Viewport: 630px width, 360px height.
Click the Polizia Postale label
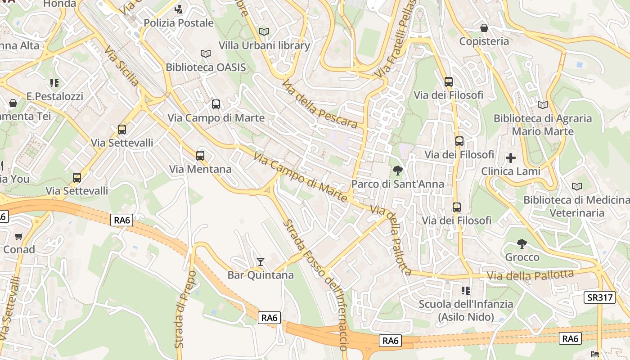(x=179, y=22)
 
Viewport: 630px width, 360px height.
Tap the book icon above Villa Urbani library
(x=264, y=31)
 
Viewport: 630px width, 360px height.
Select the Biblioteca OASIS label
(x=206, y=67)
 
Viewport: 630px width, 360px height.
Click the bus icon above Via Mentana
(x=200, y=156)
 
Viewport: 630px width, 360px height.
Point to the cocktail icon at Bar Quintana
(x=260, y=261)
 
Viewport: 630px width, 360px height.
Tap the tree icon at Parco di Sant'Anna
(x=397, y=170)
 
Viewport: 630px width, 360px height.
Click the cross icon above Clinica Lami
(x=511, y=158)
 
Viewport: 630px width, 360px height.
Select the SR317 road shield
(x=599, y=297)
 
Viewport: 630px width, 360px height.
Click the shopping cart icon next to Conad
(x=18, y=236)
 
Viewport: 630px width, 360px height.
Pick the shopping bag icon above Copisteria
(x=484, y=28)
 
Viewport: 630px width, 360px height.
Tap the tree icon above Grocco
(x=522, y=244)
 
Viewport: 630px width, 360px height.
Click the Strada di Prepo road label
(x=179, y=309)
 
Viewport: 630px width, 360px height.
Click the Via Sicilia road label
(x=122, y=66)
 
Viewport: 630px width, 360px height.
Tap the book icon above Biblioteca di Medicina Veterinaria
(x=576, y=186)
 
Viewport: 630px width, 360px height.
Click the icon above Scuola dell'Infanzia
(x=466, y=291)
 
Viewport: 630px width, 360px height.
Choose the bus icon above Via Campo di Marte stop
(x=216, y=104)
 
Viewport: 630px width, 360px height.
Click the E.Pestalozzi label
(x=54, y=96)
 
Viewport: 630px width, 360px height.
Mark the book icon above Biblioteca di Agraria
(x=543, y=105)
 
